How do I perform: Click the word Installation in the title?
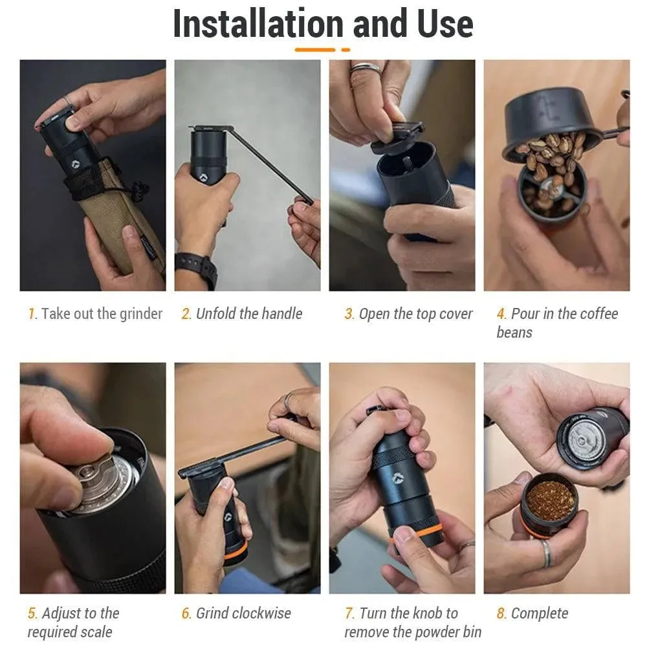pos(258,23)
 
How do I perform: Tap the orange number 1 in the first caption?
pos(31,314)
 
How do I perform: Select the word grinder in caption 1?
pos(140,314)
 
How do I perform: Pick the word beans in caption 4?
pos(514,333)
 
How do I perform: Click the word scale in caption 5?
pos(96,631)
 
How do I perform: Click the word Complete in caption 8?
pos(540,613)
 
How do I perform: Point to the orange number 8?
pos(501,613)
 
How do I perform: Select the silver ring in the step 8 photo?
pos(547,553)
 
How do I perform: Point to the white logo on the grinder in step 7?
pos(397,478)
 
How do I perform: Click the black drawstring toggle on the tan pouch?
pos(140,190)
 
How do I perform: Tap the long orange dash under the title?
pos(315,50)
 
